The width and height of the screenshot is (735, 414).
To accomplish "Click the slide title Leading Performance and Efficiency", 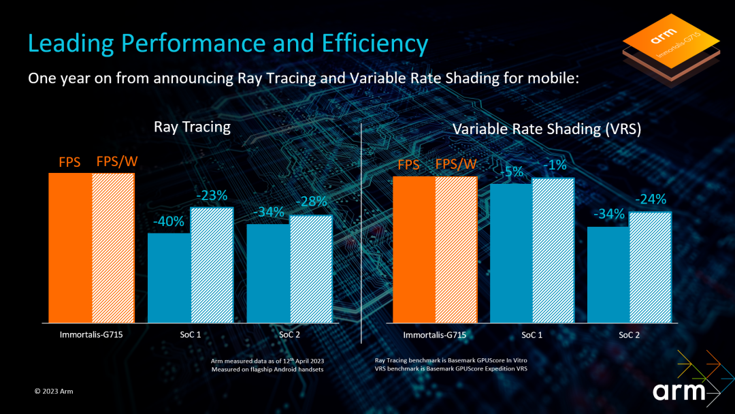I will tap(228, 44).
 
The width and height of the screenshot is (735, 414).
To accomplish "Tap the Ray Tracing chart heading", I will tap(192, 127).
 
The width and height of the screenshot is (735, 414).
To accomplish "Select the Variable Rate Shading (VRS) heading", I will tap(546, 129).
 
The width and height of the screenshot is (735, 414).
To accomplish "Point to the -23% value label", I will tap(212, 196).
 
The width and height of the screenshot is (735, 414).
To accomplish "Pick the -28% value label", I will tap(311, 202).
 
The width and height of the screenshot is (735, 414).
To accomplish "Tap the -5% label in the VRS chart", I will tap(510, 172).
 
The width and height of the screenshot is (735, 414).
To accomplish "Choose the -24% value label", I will tap(650, 200).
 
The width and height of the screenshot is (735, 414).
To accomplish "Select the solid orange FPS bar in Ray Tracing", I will tap(70, 249).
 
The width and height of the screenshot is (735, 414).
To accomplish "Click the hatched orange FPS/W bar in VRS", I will tap(456, 250).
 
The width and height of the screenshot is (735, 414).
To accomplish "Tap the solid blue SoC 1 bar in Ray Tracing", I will tap(169, 278).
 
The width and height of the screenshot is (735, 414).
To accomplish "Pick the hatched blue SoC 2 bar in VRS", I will tap(650, 267).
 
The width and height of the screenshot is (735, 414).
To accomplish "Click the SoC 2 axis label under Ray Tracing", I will tap(290, 335).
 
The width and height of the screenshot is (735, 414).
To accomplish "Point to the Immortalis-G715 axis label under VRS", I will tap(434, 335).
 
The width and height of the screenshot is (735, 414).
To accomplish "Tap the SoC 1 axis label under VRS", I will tap(532, 335).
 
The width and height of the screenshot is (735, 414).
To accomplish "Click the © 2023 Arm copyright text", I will tap(54, 392).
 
